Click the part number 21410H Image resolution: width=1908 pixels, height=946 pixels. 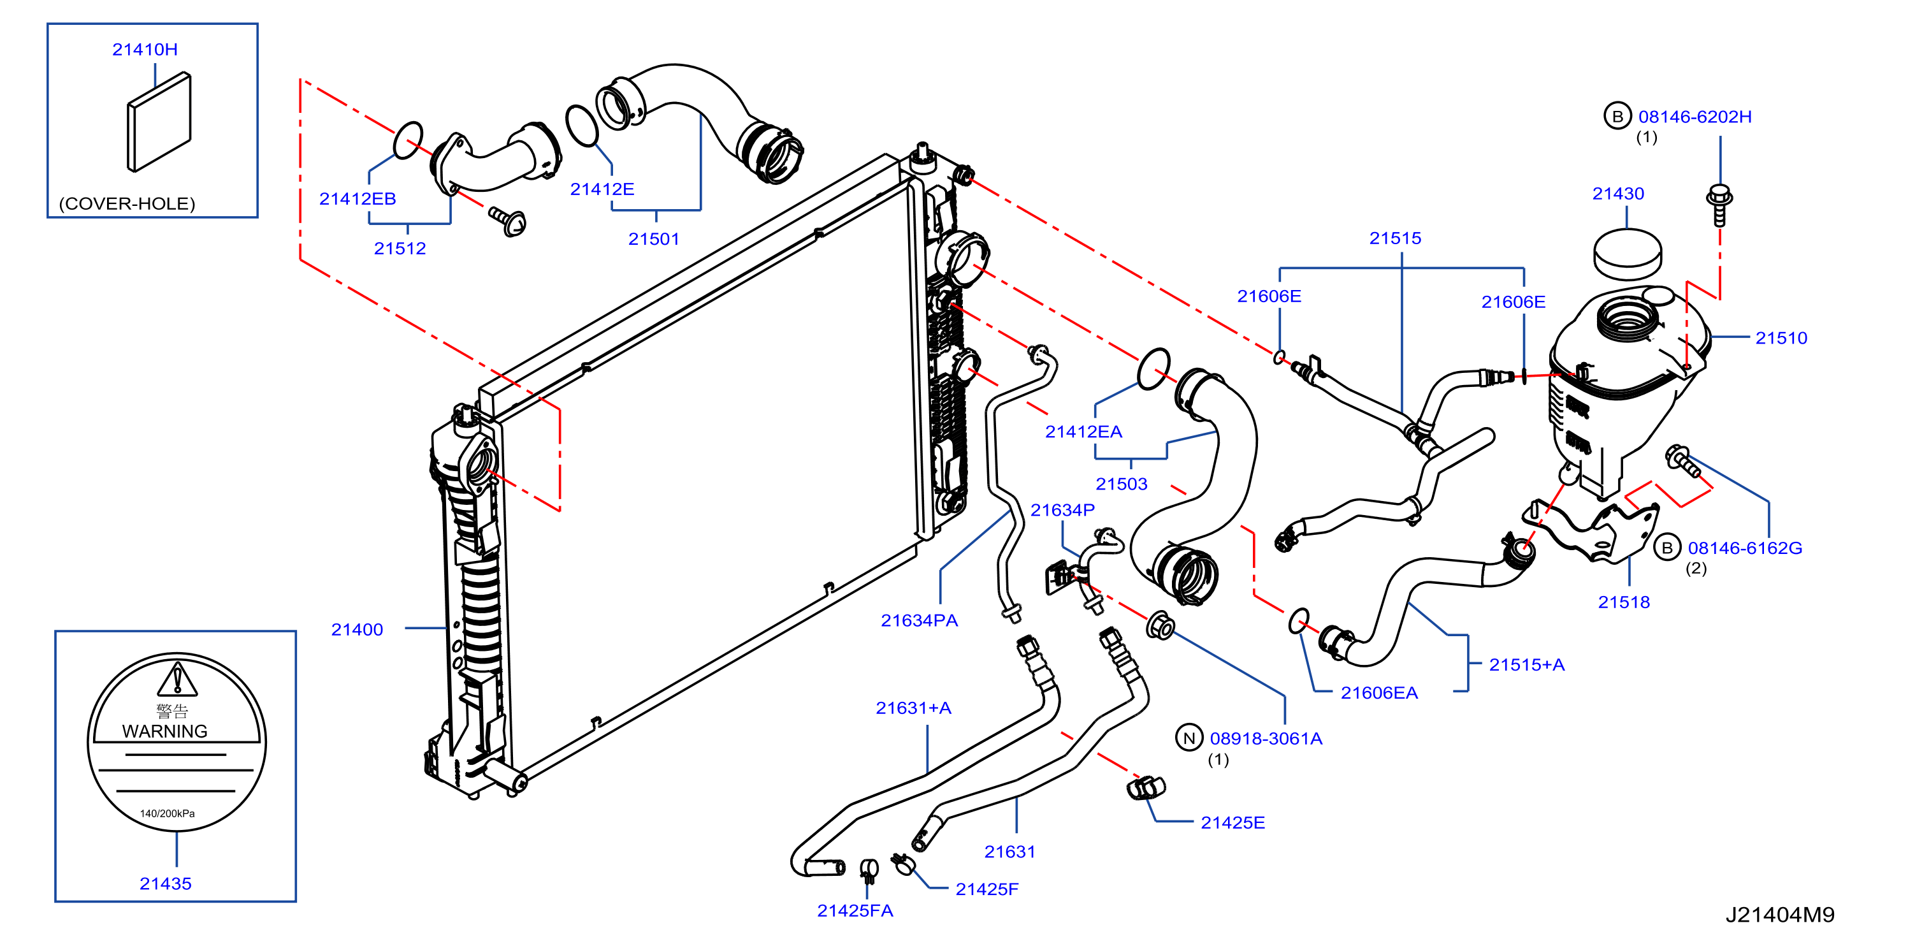coord(145,49)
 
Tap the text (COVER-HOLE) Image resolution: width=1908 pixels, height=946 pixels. coord(127,204)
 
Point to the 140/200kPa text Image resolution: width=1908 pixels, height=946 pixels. coord(168,813)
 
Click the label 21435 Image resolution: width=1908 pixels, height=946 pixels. coord(165,883)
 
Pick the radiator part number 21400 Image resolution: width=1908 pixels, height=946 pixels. coord(356,629)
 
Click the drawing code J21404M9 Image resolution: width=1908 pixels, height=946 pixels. coord(1780,915)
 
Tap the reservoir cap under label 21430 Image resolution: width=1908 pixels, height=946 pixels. coord(1628,254)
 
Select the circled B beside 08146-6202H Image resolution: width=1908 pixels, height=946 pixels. coord(1617,116)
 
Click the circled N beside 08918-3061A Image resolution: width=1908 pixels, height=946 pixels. coord(1189,738)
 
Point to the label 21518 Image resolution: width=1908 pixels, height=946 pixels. coord(1624,602)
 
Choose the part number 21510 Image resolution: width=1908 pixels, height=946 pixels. coord(1781,338)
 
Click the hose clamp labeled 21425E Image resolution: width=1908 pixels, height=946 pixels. coord(1145,787)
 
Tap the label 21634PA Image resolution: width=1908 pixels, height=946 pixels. coord(918,620)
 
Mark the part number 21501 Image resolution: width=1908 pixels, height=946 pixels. coord(653,238)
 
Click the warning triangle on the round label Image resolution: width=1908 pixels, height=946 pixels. coord(178,680)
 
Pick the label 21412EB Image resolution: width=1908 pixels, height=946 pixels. coord(357,198)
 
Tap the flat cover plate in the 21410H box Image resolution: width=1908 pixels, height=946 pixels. coord(159,122)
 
